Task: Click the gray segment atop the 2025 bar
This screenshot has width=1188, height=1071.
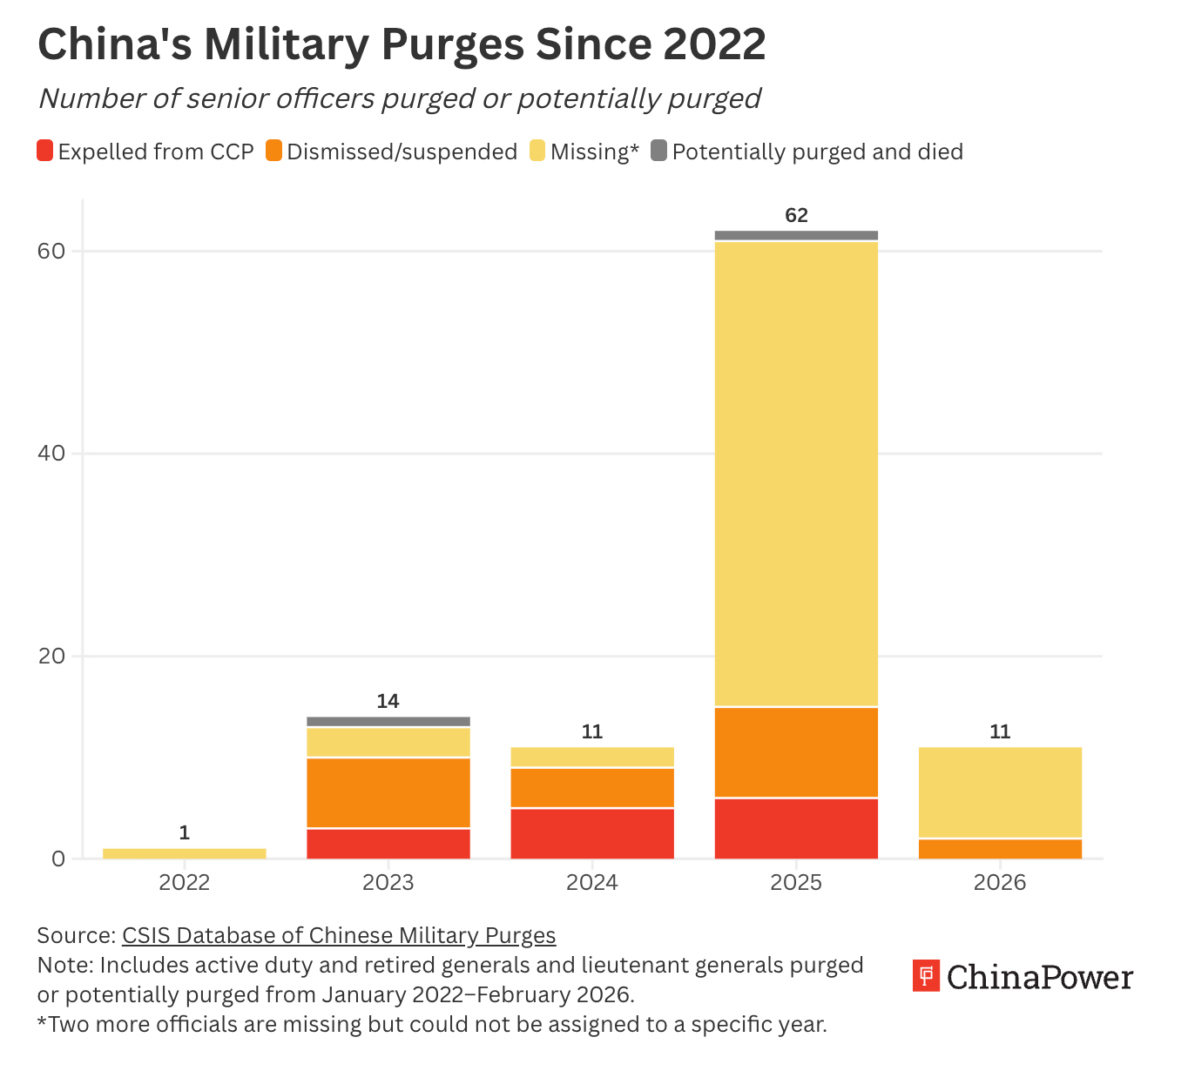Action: click(x=796, y=235)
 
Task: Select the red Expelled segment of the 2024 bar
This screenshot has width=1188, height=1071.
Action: click(x=592, y=833)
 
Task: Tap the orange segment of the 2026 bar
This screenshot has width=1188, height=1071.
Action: click(x=1000, y=849)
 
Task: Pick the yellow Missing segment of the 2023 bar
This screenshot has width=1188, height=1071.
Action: click(x=388, y=743)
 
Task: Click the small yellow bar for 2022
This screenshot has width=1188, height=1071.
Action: click(x=185, y=853)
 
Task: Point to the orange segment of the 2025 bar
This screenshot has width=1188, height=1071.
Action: click(x=796, y=752)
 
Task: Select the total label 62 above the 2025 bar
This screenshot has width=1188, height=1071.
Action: click(x=796, y=215)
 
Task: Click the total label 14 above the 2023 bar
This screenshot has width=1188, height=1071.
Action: click(x=388, y=701)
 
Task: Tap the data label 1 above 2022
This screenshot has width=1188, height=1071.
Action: click(x=185, y=833)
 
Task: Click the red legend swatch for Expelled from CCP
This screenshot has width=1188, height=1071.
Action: click(x=45, y=151)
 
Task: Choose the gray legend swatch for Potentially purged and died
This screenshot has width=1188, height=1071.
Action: click(x=659, y=151)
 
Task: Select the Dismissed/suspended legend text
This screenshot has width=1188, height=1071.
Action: click(x=402, y=152)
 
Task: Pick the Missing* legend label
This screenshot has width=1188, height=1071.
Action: click(x=595, y=152)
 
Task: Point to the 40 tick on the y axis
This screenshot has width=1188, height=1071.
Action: click(x=51, y=454)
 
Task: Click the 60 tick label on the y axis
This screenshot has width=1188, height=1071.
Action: click(x=51, y=252)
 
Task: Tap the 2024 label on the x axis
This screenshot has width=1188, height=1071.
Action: click(x=592, y=883)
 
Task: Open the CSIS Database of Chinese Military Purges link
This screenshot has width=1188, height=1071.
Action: click(x=339, y=935)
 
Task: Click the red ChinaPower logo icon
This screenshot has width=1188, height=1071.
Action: click(x=926, y=976)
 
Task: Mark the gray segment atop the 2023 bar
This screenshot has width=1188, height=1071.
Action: click(x=388, y=722)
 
